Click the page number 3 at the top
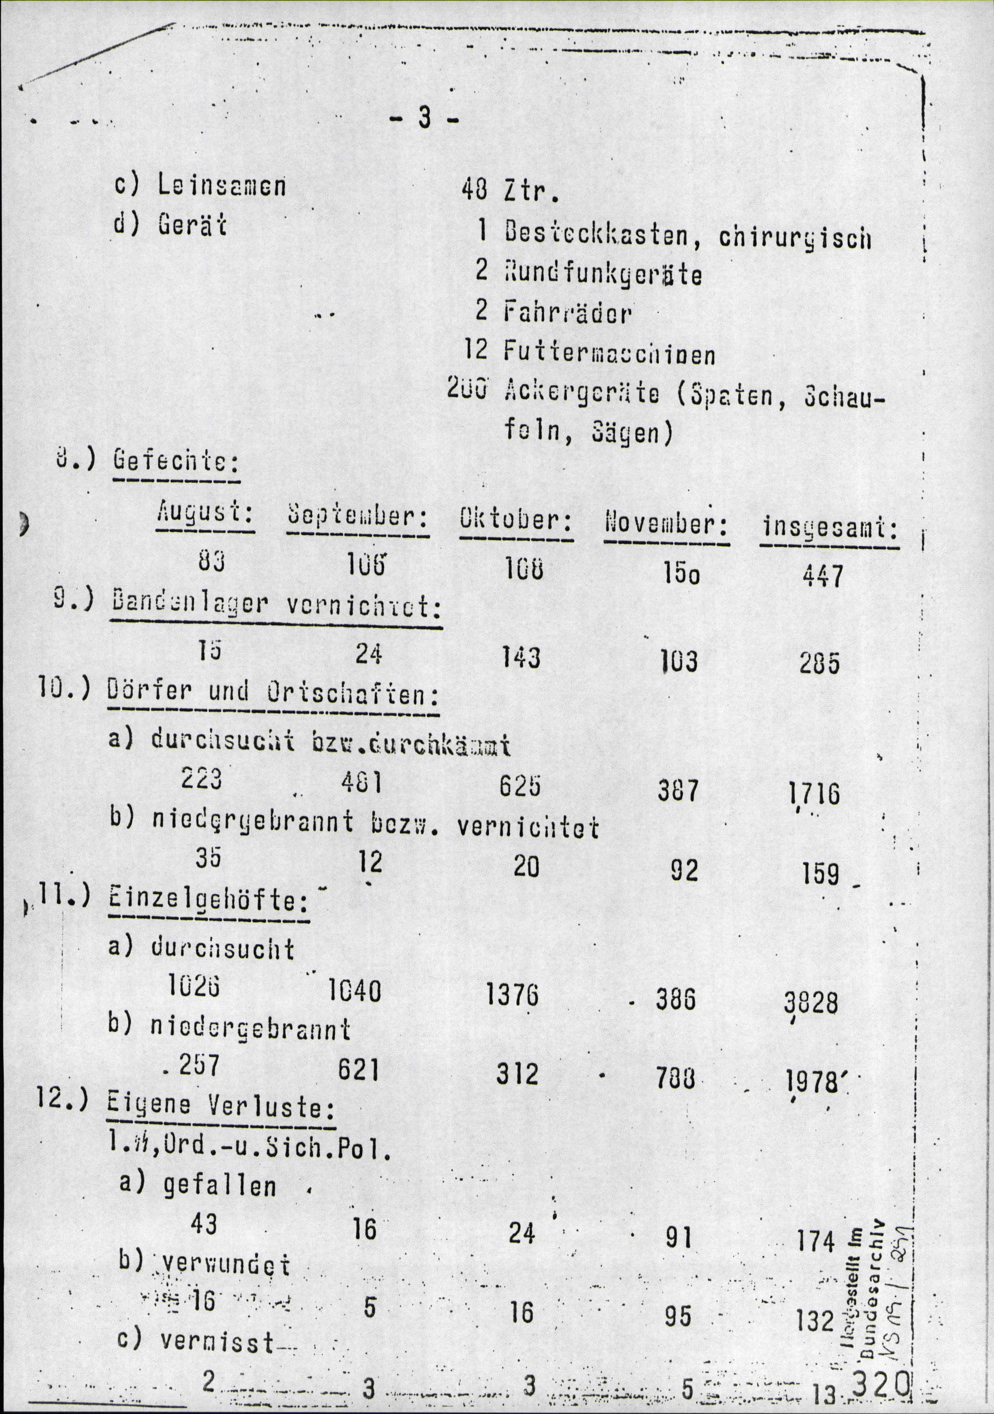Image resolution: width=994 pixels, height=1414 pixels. point(424,118)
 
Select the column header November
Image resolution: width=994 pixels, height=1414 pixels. point(667,525)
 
